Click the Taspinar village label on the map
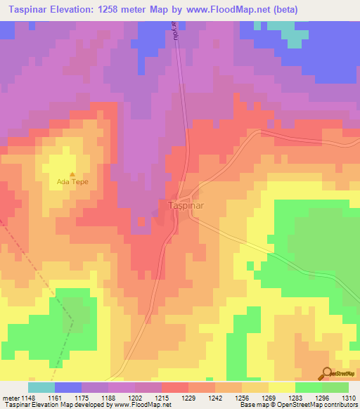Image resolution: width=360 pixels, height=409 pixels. tap(186, 207)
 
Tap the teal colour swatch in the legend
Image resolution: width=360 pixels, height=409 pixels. tap(41, 387)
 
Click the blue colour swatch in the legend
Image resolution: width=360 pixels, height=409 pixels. tap(67, 387)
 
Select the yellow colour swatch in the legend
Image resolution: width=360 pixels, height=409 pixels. tap(281, 387)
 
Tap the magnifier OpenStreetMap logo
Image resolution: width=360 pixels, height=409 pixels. tap(326, 373)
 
